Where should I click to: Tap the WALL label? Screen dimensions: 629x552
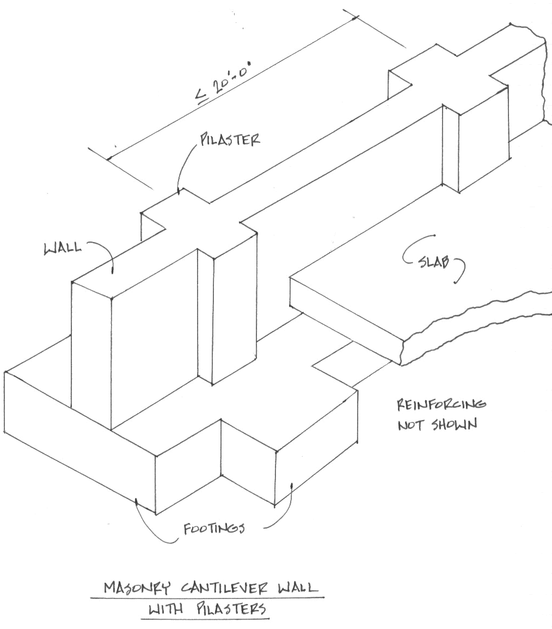click(63, 248)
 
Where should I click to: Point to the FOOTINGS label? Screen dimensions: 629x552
click(213, 529)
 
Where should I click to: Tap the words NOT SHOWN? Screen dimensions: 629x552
click(437, 424)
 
